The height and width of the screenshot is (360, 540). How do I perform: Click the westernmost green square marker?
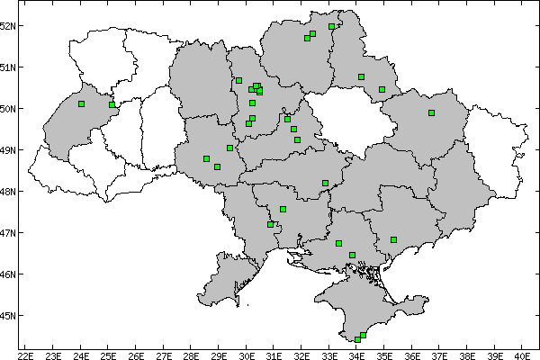click(x=81, y=104)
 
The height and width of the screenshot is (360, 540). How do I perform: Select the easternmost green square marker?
click(x=431, y=112)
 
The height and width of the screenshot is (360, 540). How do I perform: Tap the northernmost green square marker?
click(x=331, y=26)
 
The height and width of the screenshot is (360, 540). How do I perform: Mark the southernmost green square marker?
click(x=357, y=339)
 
